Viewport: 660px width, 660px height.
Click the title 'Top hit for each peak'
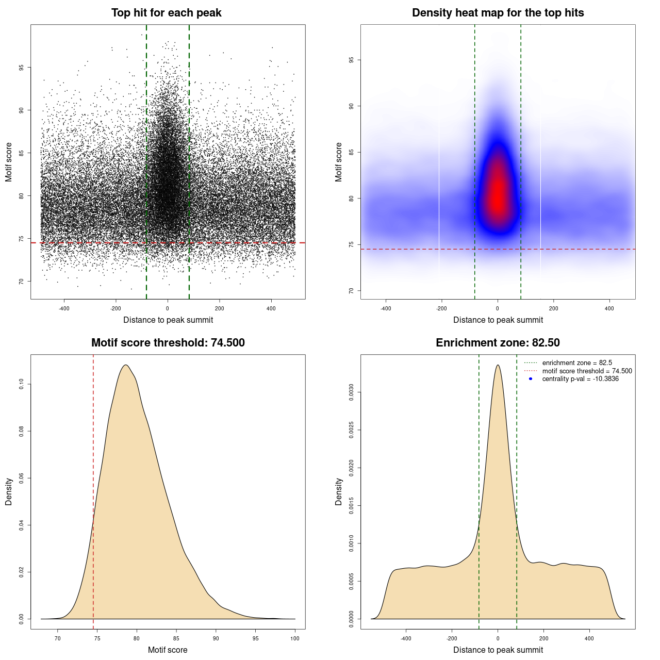[x=166, y=13]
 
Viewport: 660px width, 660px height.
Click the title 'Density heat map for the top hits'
[x=498, y=13]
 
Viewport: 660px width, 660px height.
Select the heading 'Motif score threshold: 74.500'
[x=168, y=343]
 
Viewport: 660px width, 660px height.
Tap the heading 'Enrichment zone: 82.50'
[x=498, y=343]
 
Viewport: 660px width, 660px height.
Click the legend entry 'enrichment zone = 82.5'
[x=576, y=363]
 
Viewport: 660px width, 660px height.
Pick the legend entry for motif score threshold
[x=587, y=371]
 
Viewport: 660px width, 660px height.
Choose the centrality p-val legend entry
[x=580, y=379]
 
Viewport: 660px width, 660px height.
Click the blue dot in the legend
[x=531, y=379]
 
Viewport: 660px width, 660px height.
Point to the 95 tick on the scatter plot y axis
[x=22, y=68]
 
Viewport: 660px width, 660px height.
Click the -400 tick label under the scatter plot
[x=64, y=309]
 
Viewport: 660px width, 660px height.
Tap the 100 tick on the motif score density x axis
[x=295, y=638]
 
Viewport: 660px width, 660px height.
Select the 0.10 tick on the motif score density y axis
[x=22, y=384]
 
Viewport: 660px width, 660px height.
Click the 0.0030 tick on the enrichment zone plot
[x=352, y=392]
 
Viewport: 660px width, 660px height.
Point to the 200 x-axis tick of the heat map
[x=553, y=309]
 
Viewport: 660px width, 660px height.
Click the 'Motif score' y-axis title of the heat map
[x=339, y=162]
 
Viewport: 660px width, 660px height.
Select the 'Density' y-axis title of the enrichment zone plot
[x=339, y=491]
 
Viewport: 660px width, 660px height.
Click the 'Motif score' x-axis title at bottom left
[x=168, y=650]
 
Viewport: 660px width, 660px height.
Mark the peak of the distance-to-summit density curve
[x=498, y=365]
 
